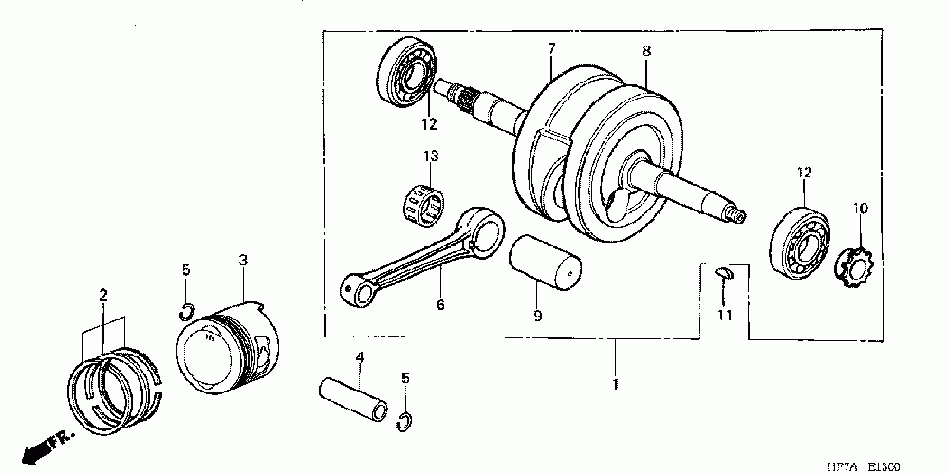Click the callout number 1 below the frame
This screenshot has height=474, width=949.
click(616, 386)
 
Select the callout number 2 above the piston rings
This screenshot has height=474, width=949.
click(102, 296)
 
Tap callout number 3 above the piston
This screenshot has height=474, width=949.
click(243, 260)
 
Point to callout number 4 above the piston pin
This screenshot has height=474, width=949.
click(360, 357)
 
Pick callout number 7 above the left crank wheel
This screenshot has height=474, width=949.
click(551, 47)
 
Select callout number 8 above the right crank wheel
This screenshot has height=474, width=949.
click(646, 51)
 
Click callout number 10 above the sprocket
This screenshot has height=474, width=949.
click(860, 208)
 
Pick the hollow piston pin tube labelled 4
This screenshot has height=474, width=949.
click(355, 400)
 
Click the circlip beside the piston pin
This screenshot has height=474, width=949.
click(404, 421)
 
